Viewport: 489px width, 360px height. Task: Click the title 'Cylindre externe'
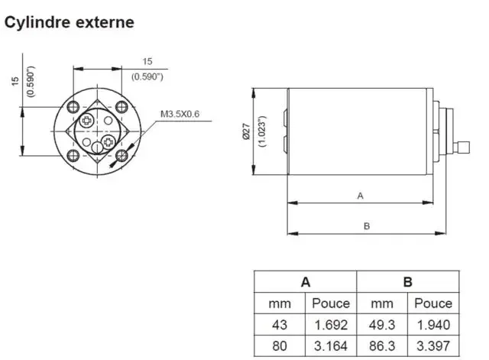coord(70,22)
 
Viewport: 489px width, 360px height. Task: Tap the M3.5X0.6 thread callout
coord(180,115)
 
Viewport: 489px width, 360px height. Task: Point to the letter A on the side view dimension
coord(360,196)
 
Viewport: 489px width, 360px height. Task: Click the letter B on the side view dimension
coord(367,225)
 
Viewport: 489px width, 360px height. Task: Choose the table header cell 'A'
coord(305,282)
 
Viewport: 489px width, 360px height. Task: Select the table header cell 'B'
coord(408,282)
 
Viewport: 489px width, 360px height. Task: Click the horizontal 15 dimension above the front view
coord(147,61)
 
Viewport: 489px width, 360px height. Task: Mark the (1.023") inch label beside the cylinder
coord(262,131)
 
